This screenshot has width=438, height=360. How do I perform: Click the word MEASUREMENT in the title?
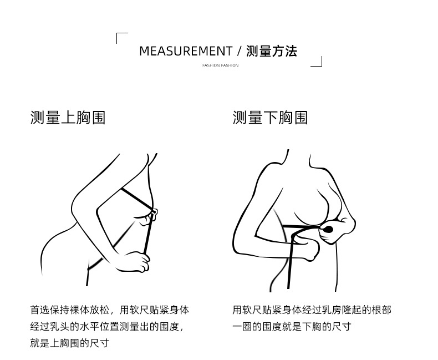(185, 52)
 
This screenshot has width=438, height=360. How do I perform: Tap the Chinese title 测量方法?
(272, 52)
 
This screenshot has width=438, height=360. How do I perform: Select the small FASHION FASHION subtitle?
(220, 65)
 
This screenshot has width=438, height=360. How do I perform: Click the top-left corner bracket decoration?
(121, 37)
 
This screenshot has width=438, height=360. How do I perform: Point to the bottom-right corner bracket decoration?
(317, 62)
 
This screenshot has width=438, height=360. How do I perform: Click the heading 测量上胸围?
(68, 118)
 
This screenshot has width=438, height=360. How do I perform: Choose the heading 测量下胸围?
(270, 118)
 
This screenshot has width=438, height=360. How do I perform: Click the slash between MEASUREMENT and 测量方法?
(239, 52)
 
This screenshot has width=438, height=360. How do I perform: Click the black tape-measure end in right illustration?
(328, 229)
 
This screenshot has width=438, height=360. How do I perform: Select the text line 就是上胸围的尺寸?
(69, 343)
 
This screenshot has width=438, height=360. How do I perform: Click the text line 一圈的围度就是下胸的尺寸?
(292, 326)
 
